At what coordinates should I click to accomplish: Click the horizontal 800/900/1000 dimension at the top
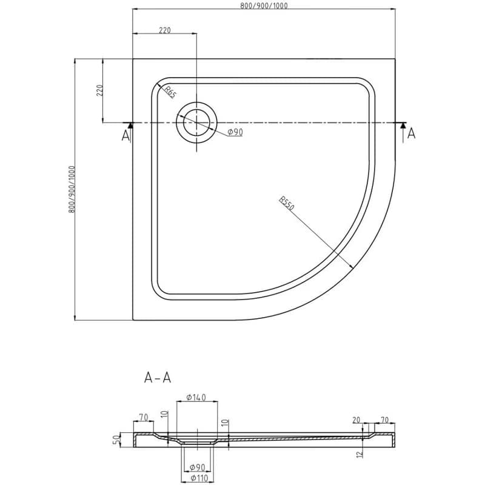[264, 5]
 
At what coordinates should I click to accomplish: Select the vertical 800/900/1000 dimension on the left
[72, 189]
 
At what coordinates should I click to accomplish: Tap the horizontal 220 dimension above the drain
[164, 30]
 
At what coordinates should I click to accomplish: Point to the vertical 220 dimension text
[99, 90]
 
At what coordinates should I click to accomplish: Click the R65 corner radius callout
[170, 92]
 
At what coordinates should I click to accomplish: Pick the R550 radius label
[286, 203]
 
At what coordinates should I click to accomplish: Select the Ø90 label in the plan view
[235, 132]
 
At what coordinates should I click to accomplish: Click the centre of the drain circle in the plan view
[196, 122]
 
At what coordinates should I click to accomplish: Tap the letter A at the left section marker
[125, 135]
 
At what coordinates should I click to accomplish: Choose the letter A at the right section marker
[412, 133]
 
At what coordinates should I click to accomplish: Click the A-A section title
[158, 377]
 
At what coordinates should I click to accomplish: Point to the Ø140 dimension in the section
[196, 397]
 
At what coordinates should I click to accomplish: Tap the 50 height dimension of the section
[116, 440]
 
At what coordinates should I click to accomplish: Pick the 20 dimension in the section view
[356, 420]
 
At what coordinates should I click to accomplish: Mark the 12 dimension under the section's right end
[360, 453]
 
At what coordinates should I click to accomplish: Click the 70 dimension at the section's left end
[144, 418]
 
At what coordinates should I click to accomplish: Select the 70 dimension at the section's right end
[384, 420]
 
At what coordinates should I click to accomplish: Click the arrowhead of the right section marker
[403, 125]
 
